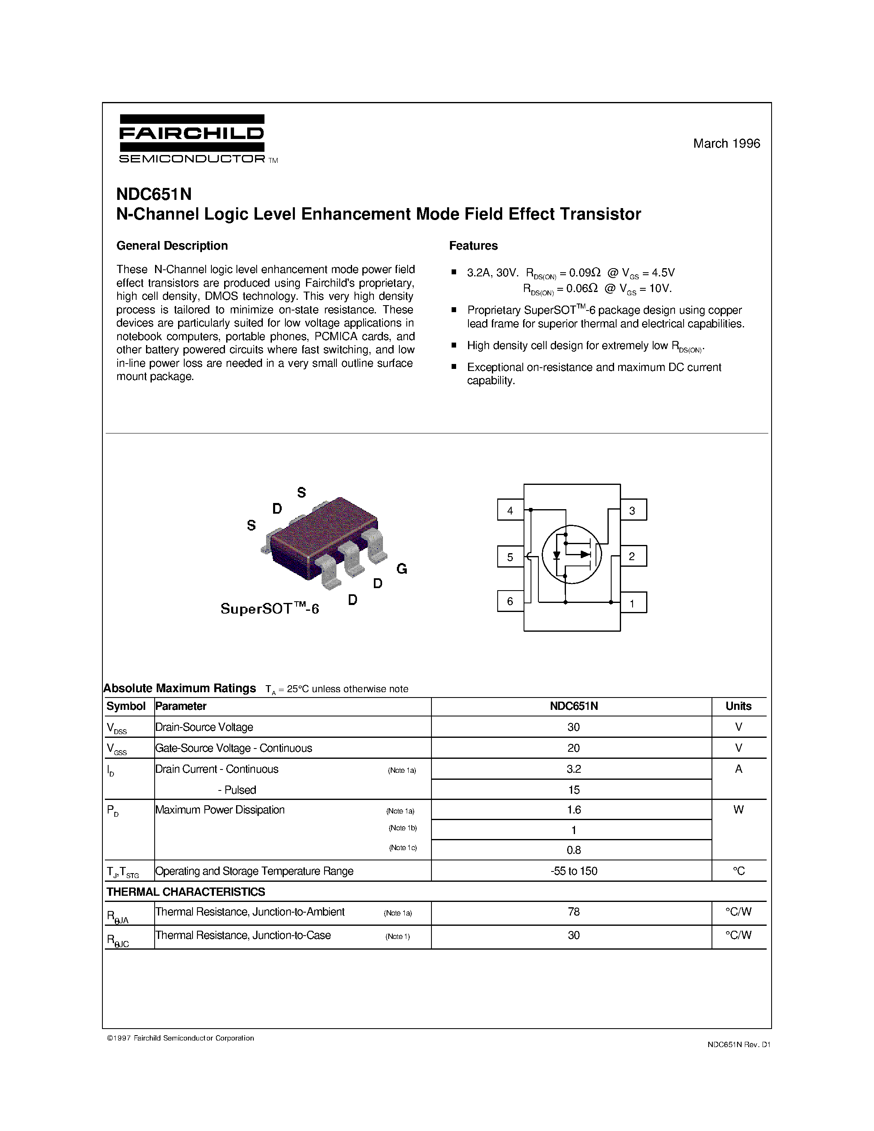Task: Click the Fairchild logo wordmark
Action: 192,134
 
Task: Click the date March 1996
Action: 726,144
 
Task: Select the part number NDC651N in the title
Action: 154,194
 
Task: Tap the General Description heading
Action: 172,246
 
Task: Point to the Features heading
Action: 473,246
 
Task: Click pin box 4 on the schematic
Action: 510,510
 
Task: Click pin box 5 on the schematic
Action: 510,557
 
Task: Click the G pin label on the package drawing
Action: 402,569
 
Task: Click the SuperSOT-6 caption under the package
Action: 270,609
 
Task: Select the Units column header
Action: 738,706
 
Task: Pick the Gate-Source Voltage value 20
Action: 573,748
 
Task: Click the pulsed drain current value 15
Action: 573,790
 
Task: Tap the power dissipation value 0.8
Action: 573,850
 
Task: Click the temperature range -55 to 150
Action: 573,871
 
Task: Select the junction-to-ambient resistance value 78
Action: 573,911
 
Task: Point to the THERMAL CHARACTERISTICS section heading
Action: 185,892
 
